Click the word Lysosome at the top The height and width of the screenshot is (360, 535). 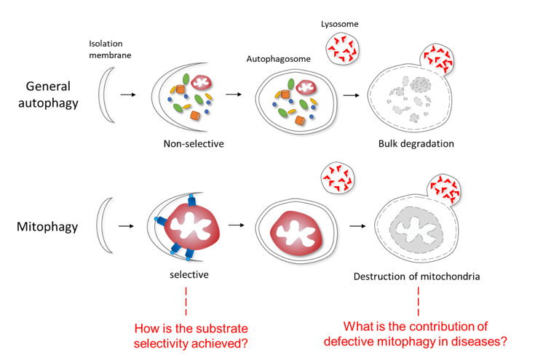339,24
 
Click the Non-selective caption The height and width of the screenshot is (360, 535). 193,143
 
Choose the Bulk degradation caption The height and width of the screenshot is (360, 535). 416,143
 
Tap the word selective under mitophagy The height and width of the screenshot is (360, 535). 186,274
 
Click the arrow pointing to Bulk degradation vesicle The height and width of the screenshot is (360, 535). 350,95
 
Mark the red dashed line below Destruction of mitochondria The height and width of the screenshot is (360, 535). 419,300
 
